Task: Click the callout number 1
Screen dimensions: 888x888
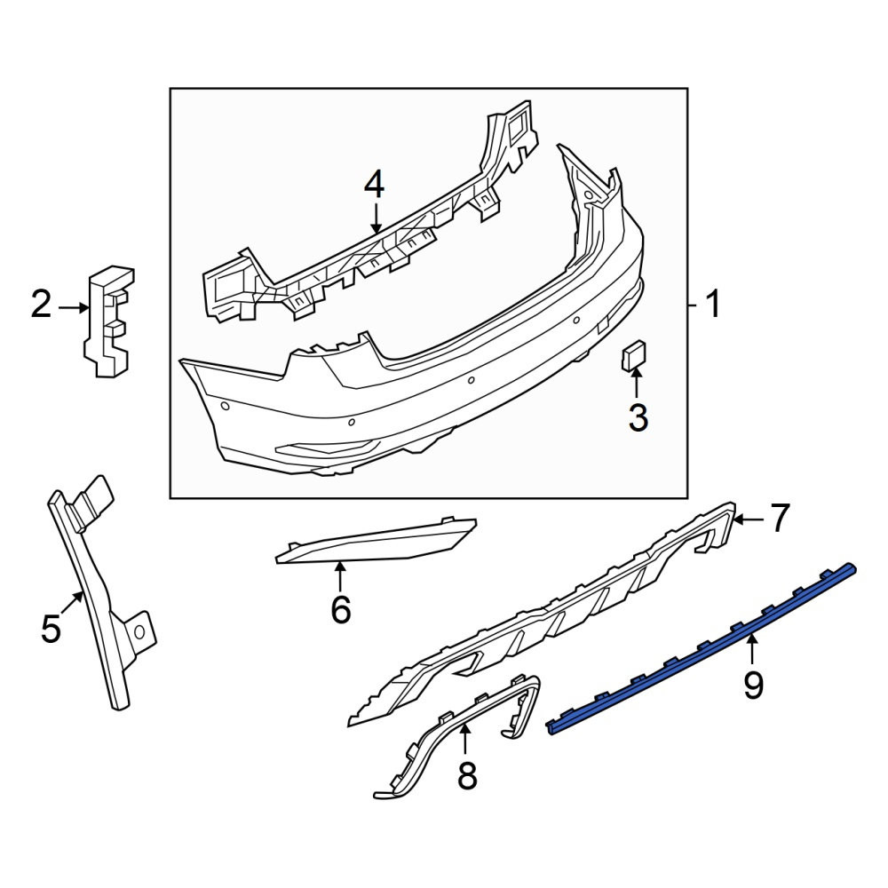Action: (x=713, y=304)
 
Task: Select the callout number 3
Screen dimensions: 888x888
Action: (x=638, y=418)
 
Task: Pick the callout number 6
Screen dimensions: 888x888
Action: (x=340, y=609)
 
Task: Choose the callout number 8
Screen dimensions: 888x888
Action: (x=467, y=775)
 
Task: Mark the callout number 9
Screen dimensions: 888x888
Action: (x=753, y=685)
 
